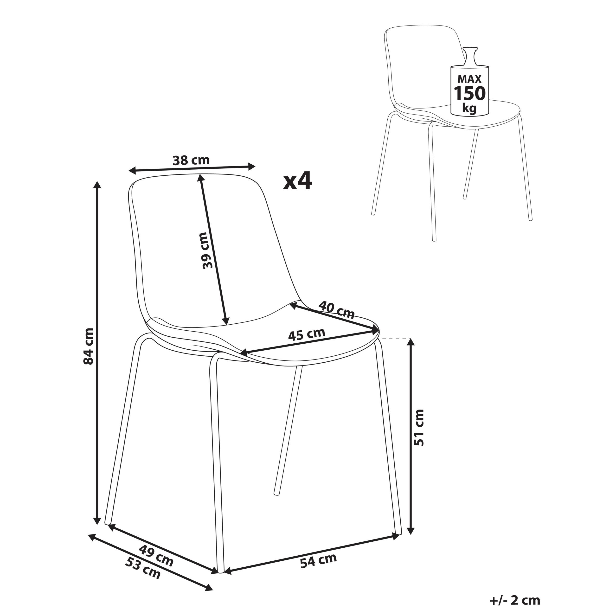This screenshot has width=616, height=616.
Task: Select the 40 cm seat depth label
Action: click(336, 310)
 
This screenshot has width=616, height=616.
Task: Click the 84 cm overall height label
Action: click(88, 346)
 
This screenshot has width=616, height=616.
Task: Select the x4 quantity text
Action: click(297, 182)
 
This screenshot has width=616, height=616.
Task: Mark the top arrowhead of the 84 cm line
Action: click(97, 186)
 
